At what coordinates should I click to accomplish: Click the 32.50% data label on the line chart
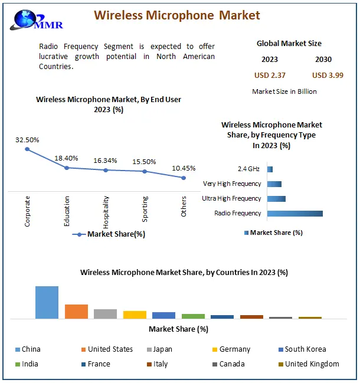pyautogui.click(x=27, y=140)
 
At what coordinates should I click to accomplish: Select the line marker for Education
pyautogui.click(x=67, y=168)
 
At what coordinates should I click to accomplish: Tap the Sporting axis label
pyautogui.click(x=145, y=209)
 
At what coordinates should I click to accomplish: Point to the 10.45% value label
pyautogui.click(x=184, y=168)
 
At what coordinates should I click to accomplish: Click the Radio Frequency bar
pyautogui.click(x=295, y=213)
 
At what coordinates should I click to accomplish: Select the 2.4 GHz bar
pyautogui.click(x=270, y=169)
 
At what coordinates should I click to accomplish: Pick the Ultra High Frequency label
pyautogui.click(x=231, y=199)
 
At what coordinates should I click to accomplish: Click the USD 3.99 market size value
pyautogui.click(x=328, y=75)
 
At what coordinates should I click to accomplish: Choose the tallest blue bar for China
pyautogui.click(x=47, y=302)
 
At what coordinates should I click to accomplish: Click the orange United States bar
pyautogui.click(x=76, y=311)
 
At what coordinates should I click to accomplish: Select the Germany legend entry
pyautogui.click(x=234, y=349)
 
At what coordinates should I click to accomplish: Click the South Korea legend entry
pyautogui.click(x=305, y=349)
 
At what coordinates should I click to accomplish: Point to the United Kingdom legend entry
pyautogui.click(x=312, y=364)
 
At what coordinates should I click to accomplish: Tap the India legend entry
pyautogui.click(x=30, y=364)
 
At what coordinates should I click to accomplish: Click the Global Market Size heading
pyautogui.click(x=289, y=44)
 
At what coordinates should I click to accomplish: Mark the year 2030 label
pyautogui.click(x=323, y=60)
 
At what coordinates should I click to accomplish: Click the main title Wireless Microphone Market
pyautogui.click(x=177, y=15)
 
